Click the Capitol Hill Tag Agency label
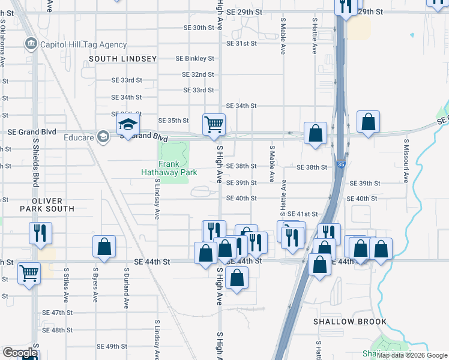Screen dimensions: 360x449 (x=83, y=44)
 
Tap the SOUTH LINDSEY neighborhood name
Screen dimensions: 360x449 (x=122, y=59)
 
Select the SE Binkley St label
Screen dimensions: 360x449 (x=194, y=59)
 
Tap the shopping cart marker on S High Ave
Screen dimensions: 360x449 (x=214, y=124)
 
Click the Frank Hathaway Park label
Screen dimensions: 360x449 (x=177, y=168)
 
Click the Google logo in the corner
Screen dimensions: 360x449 (x=19, y=353)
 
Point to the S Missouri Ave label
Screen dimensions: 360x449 (x=406, y=161)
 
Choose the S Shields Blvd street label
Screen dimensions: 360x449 (x=36, y=161)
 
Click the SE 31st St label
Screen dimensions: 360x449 (x=241, y=44)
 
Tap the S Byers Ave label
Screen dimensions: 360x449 (x=95, y=284)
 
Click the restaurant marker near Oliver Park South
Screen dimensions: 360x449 (x=40, y=233)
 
